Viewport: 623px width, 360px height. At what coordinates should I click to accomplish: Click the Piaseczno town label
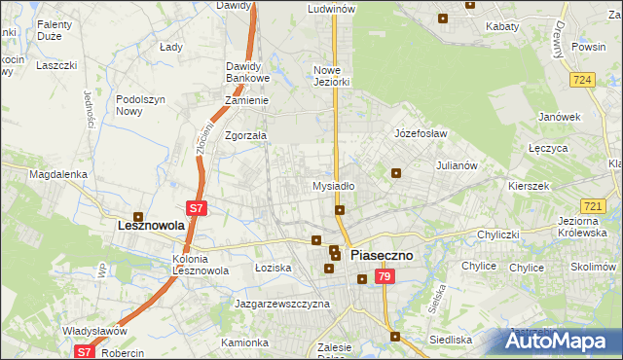(x=382, y=255)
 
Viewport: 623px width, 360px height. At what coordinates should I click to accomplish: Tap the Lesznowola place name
(x=138, y=225)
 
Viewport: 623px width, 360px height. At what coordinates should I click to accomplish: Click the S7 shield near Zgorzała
(x=196, y=207)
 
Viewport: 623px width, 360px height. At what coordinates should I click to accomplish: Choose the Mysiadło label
(x=333, y=185)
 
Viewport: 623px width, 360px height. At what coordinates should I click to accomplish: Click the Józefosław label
(x=421, y=132)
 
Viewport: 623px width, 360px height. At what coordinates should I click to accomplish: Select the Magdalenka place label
(x=58, y=174)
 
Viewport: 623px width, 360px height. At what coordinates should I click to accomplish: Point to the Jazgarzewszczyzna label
(x=282, y=304)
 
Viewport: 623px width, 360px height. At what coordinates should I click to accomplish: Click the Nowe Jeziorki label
(x=331, y=76)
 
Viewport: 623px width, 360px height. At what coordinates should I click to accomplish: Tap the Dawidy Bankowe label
(x=246, y=72)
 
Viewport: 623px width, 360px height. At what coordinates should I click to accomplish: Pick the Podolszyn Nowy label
(x=142, y=105)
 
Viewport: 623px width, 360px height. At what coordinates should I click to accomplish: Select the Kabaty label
(x=502, y=27)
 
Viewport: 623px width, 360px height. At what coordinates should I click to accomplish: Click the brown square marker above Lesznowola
(x=138, y=217)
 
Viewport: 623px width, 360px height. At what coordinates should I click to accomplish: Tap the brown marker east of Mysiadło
(x=396, y=173)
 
